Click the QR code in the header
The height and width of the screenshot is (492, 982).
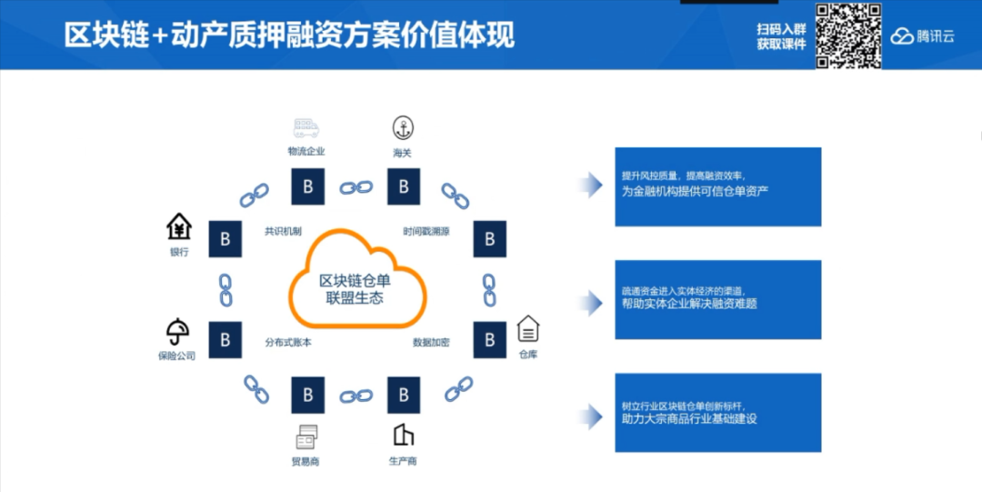click(x=847, y=35)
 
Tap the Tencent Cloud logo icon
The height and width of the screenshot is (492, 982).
click(x=901, y=37)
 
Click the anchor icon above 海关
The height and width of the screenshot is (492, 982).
click(x=402, y=127)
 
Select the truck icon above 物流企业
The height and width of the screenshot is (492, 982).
click(x=306, y=127)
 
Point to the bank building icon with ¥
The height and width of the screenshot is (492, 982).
click(x=179, y=226)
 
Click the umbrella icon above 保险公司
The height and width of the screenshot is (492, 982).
click(x=177, y=331)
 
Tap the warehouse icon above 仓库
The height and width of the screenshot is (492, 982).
click(x=528, y=328)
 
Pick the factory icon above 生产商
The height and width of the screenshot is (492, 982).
click(x=403, y=435)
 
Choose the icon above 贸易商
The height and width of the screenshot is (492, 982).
click(x=306, y=435)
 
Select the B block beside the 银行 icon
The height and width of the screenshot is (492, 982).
click(x=225, y=238)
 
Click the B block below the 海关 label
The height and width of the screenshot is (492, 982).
click(x=403, y=186)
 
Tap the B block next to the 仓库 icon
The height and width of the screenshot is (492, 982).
click(x=489, y=339)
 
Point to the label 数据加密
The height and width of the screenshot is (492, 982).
click(x=431, y=343)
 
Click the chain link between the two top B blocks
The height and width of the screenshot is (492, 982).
click(x=356, y=187)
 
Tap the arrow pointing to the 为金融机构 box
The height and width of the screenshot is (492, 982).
click(x=591, y=186)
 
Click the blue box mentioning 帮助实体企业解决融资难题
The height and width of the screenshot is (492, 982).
click(x=717, y=299)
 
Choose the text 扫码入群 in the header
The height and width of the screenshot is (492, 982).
click(x=782, y=29)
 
